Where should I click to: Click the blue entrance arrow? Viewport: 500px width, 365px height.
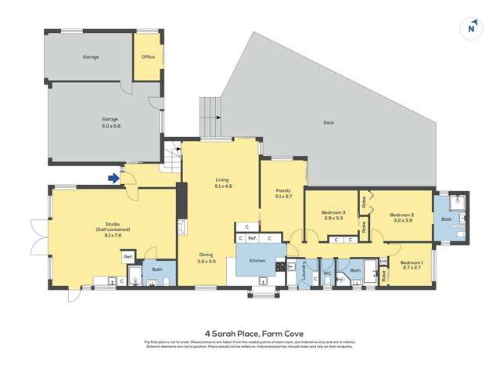113,178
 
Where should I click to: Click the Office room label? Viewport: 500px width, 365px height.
148,56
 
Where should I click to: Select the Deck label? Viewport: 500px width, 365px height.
329,122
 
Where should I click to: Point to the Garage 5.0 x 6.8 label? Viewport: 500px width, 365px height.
110,123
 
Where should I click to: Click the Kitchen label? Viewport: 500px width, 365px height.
259,259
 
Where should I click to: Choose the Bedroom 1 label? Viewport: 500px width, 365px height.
411,264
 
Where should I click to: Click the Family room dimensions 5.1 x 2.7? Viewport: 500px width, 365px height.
282,196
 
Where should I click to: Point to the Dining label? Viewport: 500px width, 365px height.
205,255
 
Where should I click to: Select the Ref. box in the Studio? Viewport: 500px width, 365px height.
127,256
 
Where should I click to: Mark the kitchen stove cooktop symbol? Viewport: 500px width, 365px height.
279,266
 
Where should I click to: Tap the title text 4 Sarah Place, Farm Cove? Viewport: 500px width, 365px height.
250,331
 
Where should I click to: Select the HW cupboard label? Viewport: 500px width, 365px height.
383,259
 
